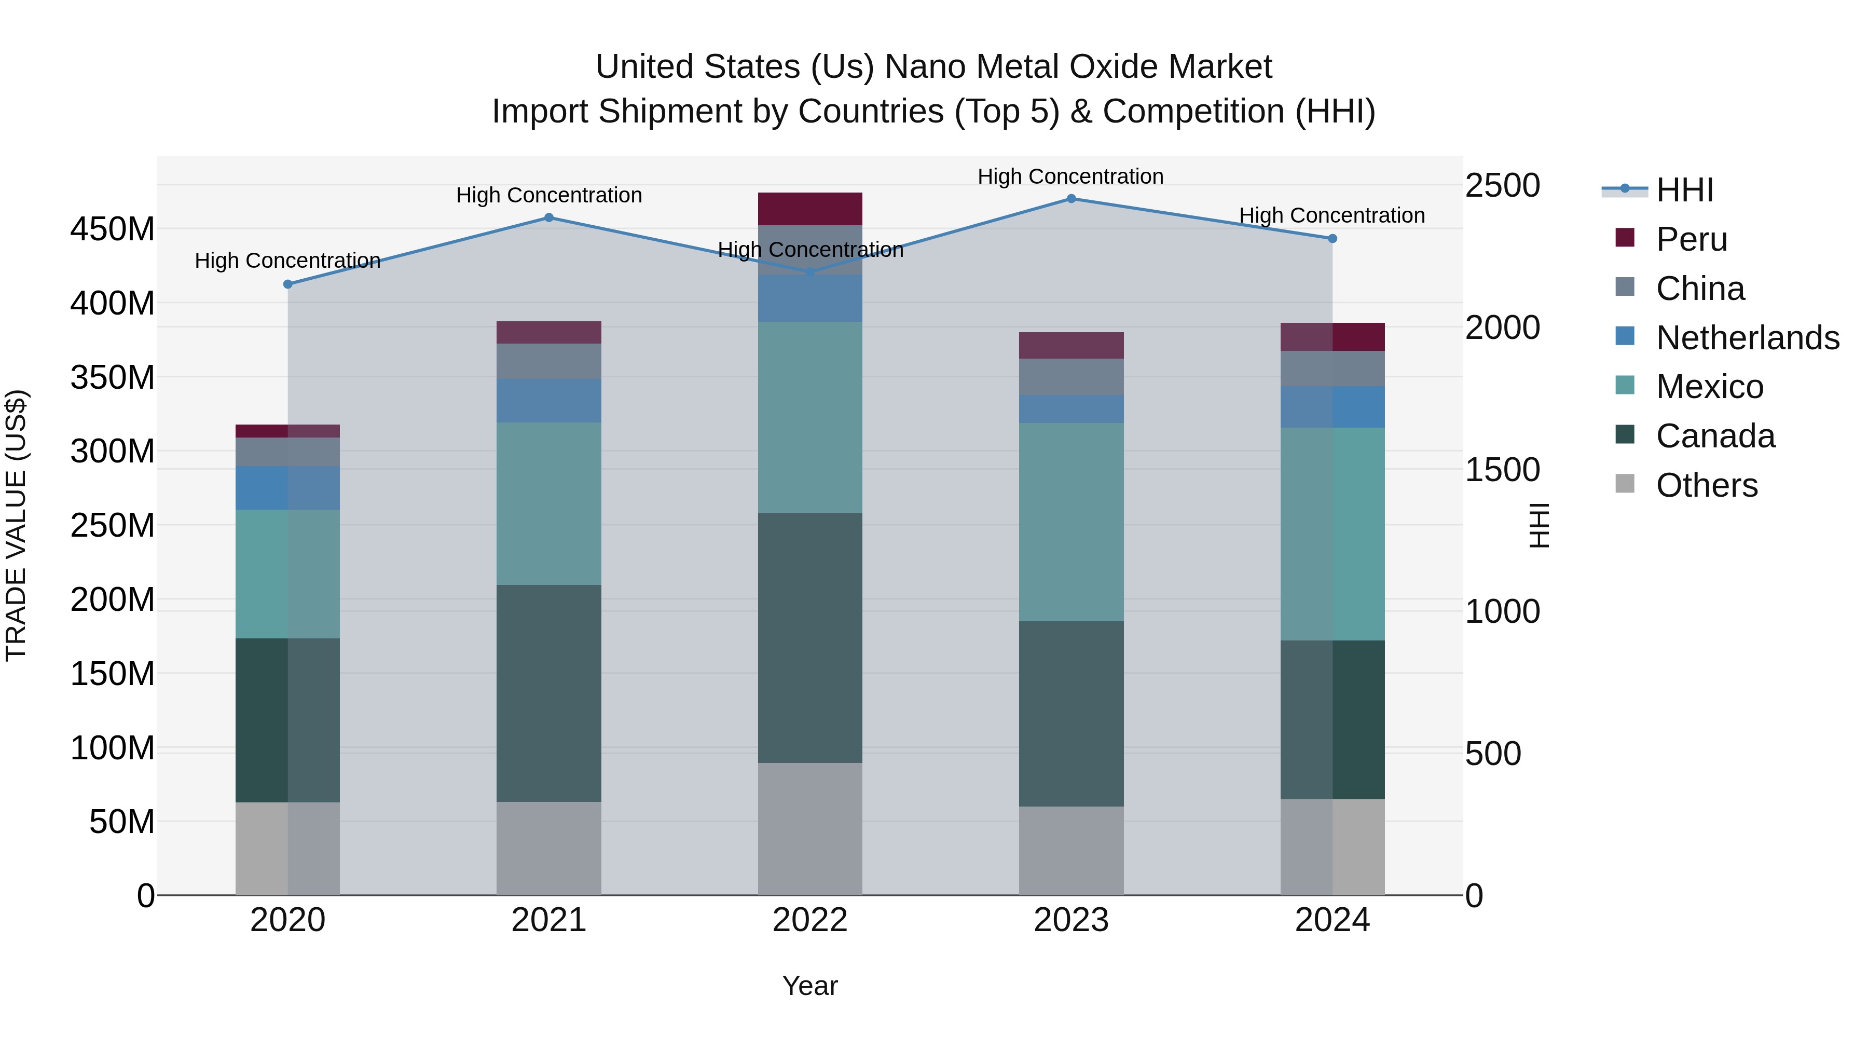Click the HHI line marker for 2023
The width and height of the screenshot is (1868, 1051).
pyautogui.click(x=1071, y=199)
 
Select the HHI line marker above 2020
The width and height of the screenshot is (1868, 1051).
pyautogui.click(x=288, y=284)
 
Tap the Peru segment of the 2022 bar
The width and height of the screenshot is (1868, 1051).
pyautogui.click(x=810, y=209)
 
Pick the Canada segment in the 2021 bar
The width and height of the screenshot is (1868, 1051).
pyautogui.click(x=549, y=693)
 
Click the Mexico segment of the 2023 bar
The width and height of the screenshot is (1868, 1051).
pyautogui.click(x=1071, y=522)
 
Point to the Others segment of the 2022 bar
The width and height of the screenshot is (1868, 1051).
pyautogui.click(x=810, y=828)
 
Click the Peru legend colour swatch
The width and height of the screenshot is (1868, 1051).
pyautogui.click(x=1625, y=238)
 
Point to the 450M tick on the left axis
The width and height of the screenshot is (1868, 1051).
pyautogui.click(x=113, y=229)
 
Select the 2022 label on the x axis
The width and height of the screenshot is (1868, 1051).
pyautogui.click(x=810, y=920)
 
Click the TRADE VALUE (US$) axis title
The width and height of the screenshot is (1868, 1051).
pyautogui.click(x=16, y=525)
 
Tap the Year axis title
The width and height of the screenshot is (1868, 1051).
pyautogui.click(x=810, y=986)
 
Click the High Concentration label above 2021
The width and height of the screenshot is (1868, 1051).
pyautogui.click(x=549, y=195)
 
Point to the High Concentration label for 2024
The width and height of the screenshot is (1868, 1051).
pyautogui.click(x=1331, y=215)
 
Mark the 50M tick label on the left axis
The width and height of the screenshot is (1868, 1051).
pyautogui.click(x=122, y=822)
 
